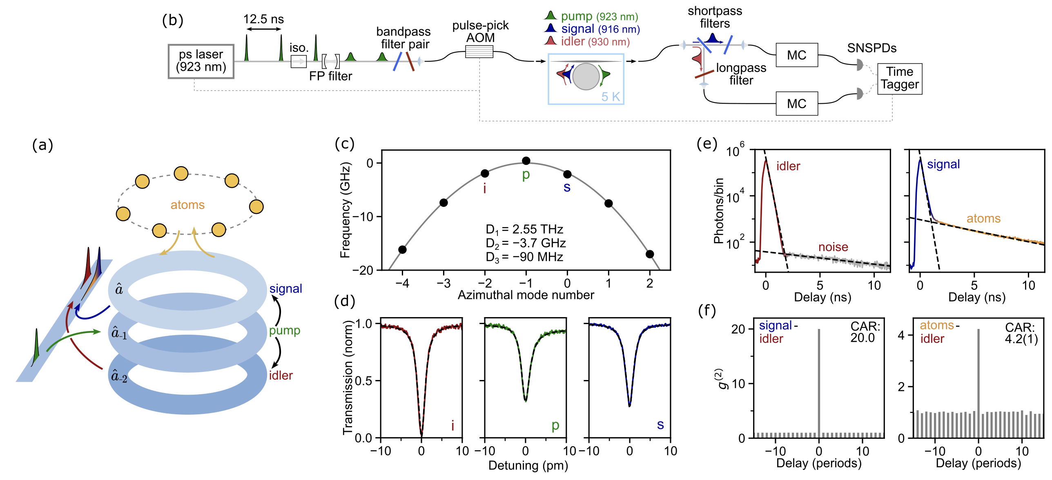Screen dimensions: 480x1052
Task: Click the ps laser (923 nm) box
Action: coord(201,61)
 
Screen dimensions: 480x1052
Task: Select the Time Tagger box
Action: coord(899,78)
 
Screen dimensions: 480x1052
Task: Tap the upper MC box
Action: coord(796,55)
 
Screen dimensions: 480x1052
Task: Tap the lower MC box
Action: coord(796,104)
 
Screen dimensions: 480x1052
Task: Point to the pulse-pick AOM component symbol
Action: coord(479,52)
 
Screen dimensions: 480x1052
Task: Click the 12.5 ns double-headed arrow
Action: coord(264,29)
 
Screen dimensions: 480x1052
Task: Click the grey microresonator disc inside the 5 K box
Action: coord(586,76)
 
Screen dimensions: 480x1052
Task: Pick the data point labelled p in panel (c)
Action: coord(526,161)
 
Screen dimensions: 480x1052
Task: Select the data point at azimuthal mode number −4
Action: coord(402,249)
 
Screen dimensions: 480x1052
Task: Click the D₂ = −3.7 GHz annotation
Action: coord(526,243)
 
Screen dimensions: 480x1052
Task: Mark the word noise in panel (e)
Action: coord(833,247)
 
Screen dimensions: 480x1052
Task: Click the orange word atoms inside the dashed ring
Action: coord(187,205)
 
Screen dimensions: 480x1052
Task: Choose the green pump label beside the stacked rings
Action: coord(285,330)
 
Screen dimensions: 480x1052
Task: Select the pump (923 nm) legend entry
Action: coord(591,16)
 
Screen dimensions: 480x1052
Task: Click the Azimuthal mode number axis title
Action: coord(526,295)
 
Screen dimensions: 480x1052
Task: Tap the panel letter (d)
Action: coord(344,301)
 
